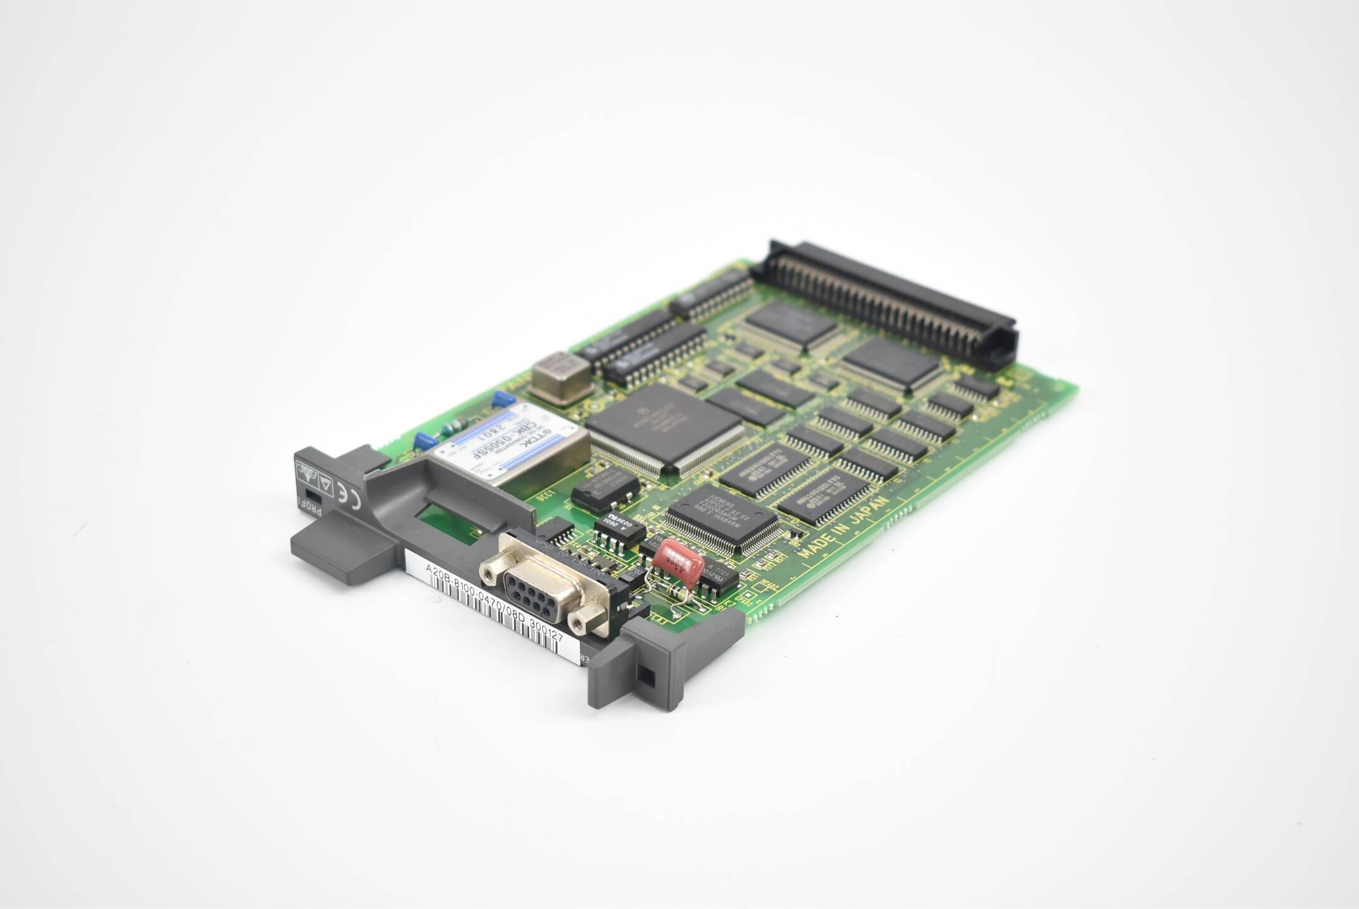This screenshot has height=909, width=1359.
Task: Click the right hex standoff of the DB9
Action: [579, 623]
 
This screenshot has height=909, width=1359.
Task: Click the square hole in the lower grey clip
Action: [645, 677]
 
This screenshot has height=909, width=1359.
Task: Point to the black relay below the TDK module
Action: [605, 488]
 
